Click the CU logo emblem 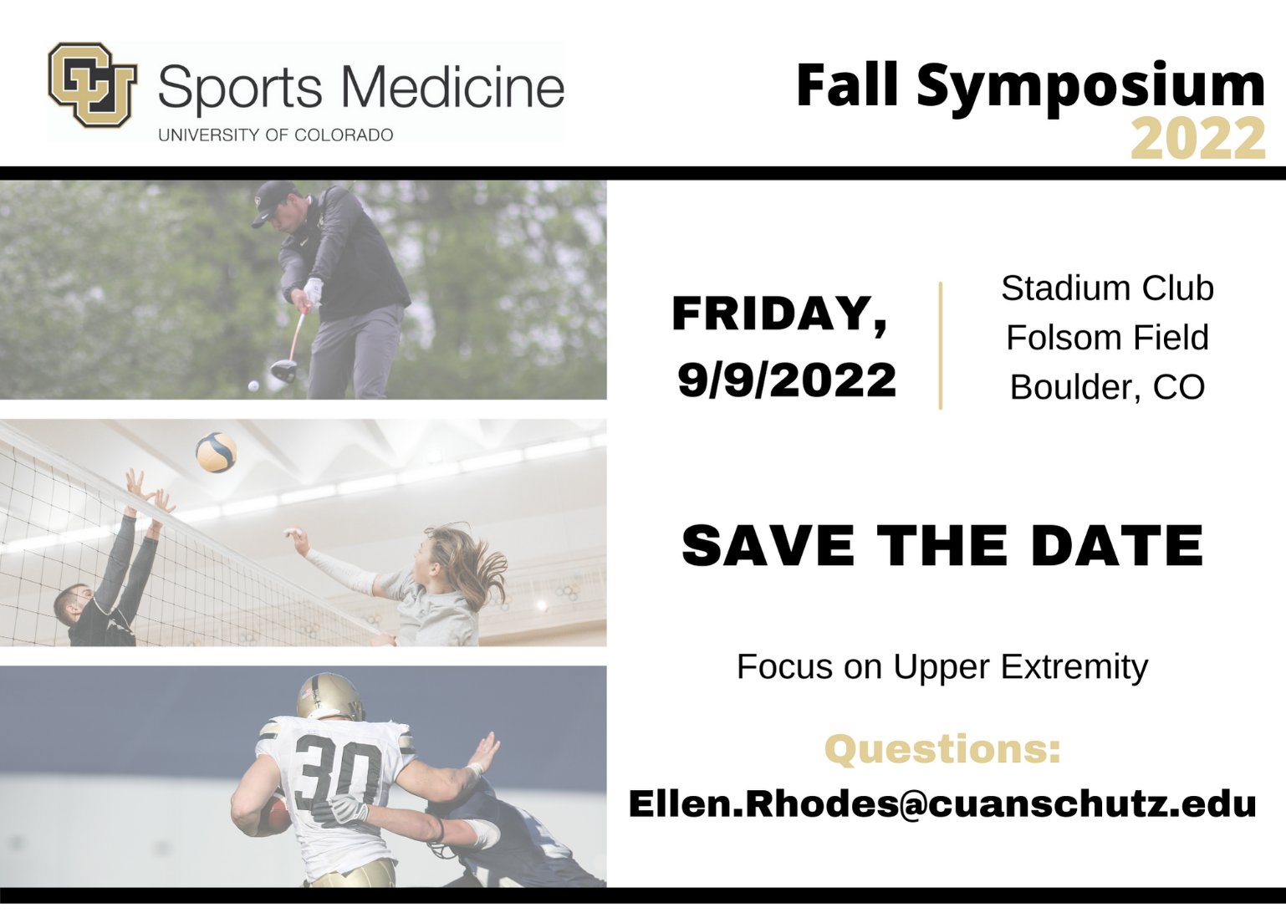click(x=92, y=84)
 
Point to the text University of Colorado click(x=275, y=135)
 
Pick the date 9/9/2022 click(x=787, y=380)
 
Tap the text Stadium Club click(x=1107, y=288)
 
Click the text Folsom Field click(x=1107, y=338)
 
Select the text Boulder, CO click(x=1107, y=387)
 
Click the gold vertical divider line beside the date click(x=941, y=345)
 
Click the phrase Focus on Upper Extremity click(x=942, y=667)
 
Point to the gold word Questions click(x=942, y=748)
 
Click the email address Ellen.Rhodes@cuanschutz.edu click(x=942, y=803)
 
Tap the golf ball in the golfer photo click(x=253, y=386)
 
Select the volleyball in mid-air click(x=216, y=452)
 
